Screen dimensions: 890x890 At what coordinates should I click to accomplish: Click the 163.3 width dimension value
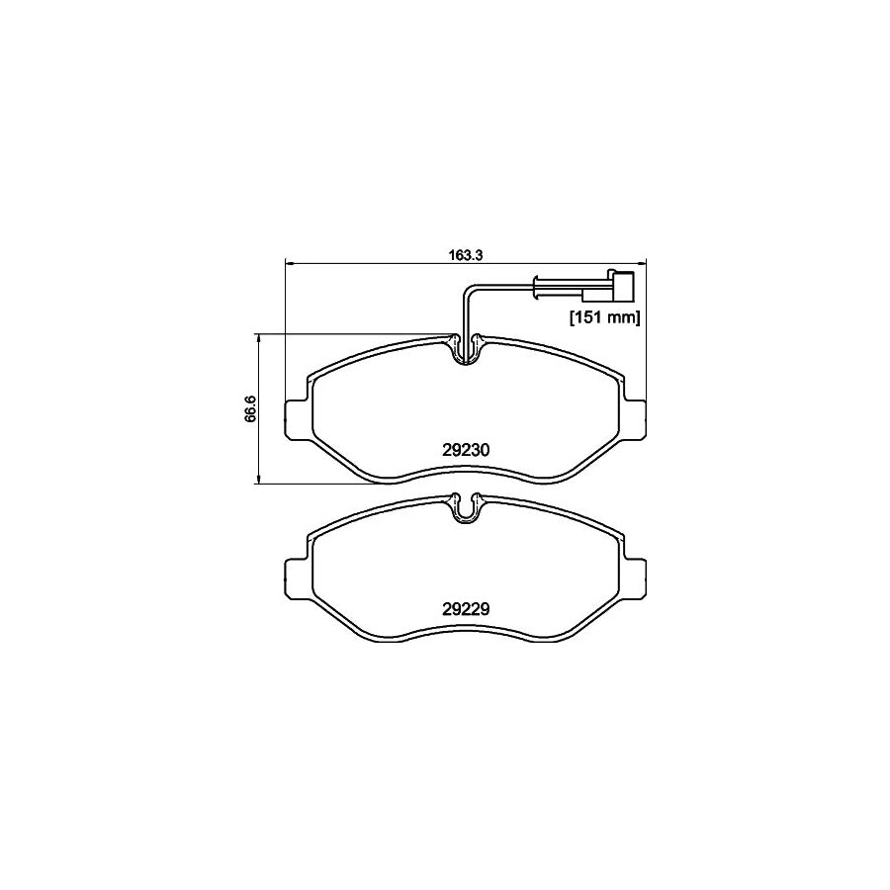(465, 254)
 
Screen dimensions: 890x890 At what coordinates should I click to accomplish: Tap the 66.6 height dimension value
(251, 408)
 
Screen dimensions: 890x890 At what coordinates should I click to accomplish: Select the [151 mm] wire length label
(604, 317)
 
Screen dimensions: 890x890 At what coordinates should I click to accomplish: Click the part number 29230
(466, 448)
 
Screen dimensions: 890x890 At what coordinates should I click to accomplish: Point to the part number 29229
(466, 609)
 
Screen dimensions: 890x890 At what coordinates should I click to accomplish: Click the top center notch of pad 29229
(465, 508)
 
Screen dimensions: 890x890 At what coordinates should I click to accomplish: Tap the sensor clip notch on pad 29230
(465, 349)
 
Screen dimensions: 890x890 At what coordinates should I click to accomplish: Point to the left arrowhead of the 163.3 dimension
(290, 263)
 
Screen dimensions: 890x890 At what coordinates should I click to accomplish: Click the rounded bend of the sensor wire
(469, 288)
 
